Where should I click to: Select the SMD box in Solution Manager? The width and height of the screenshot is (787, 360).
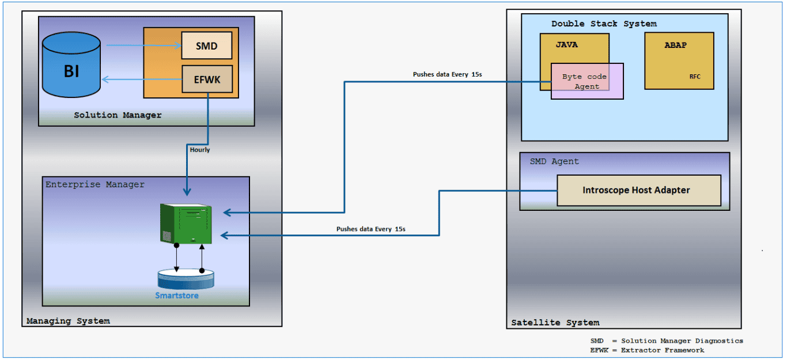pyautogui.click(x=206, y=46)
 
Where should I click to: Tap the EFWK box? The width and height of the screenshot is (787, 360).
pyautogui.click(x=207, y=79)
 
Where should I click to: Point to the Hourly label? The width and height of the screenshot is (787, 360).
pyautogui.click(x=200, y=150)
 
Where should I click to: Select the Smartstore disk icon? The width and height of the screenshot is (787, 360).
pyautogui.click(x=186, y=279)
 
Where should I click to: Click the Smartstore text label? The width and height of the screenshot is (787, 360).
pyautogui.click(x=177, y=295)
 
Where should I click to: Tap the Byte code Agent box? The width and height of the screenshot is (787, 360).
pyautogui.click(x=587, y=81)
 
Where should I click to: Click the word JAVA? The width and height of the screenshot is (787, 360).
pyautogui.click(x=566, y=44)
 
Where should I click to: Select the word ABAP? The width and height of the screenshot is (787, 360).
pyautogui.click(x=675, y=45)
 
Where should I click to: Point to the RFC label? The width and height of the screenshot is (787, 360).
pyautogui.click(x=695, y=77)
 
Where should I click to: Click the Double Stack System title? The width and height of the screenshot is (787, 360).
pyautogui.click(x=604, y=24)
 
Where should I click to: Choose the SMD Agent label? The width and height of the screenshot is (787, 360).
pyautogui.click(x=554, y=162)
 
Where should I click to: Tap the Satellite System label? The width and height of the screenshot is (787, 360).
pyautogui.click(x=555, y=323)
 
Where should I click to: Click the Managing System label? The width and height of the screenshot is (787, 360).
pyautogui.click(x=68, y=321)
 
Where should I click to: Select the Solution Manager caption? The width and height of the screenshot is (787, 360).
pyautogui.click(x=118, y=115)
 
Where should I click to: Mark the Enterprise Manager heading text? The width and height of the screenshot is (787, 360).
pyautogui.click(x=95, y=184)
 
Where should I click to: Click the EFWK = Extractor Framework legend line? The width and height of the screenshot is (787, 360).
pyautogui.click(x=647, y=350)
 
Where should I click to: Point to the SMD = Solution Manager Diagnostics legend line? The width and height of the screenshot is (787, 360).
pyautogui.click(x=667, y=340)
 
